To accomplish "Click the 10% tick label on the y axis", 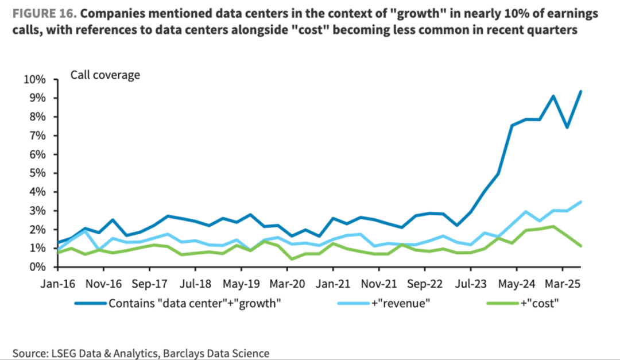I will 34,79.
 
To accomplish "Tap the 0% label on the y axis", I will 37,267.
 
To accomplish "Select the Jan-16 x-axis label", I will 57,283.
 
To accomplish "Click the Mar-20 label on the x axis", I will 287,283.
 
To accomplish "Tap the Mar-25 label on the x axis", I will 562,283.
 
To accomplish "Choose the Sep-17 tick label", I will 149,283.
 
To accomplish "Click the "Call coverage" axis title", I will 105,75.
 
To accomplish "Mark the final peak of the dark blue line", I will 580,91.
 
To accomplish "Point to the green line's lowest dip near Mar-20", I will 292,259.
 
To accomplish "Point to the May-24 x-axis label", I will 516,283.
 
